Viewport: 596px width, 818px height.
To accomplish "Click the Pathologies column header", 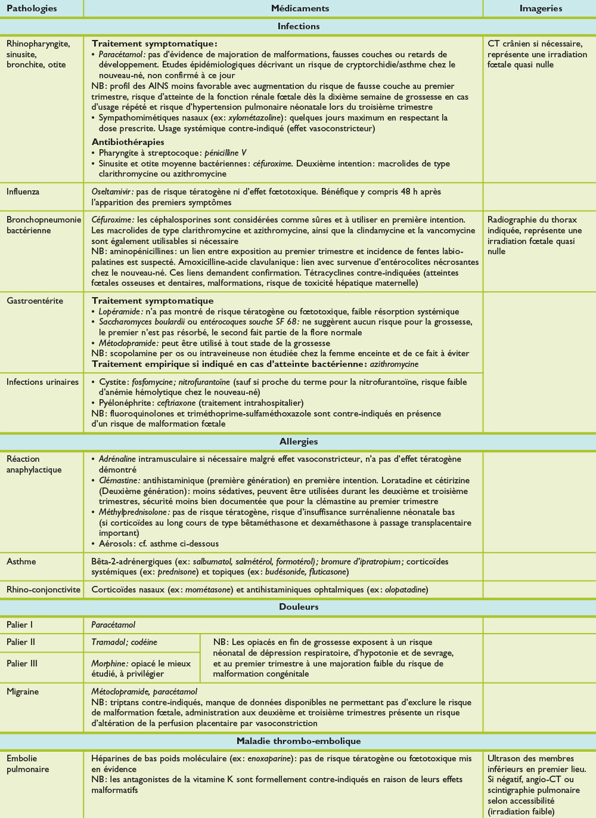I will pyautogui.click(x=32, y=8).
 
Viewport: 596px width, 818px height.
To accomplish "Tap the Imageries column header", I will pyautogui.click(x=541, y=8).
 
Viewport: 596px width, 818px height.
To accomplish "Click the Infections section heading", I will pyautogui.click(x=299, y=26).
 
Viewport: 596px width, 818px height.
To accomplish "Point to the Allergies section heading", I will pyautogui.click(x=299, y=442).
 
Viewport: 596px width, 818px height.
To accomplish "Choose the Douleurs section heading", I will pyautogui.click(x=299, y=607).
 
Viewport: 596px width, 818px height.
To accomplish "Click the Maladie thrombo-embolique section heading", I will pyautogui.click(x=299, y=741).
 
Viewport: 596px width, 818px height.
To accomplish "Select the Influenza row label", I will pyautogui.click(x=23, y=192).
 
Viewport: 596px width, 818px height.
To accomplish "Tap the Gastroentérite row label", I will pyautogui.click(x=35, y=301).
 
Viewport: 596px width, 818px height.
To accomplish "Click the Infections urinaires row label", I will pyautogui.click(x=42, y=382).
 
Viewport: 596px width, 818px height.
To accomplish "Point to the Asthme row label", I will pyautogui.click(x=21, y=561).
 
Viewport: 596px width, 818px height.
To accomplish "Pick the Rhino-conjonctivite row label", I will pyautogui.click(x=44, y=589).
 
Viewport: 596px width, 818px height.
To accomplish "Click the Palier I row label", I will pyautogui.click(x=20, y=625).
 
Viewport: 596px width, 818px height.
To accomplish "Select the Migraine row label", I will pyautogui.click(x=23, y=692).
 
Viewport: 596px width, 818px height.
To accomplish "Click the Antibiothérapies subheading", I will pyautogui.click(x=128, y=142).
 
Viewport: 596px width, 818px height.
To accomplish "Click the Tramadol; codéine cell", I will pyautogui.click(x=125, y=642).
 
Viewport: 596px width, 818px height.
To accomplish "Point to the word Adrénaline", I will pyautogui.click(x=117, y=459).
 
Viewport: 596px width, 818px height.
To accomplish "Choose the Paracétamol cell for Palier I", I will pyautogui.click(x=113, y=625).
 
